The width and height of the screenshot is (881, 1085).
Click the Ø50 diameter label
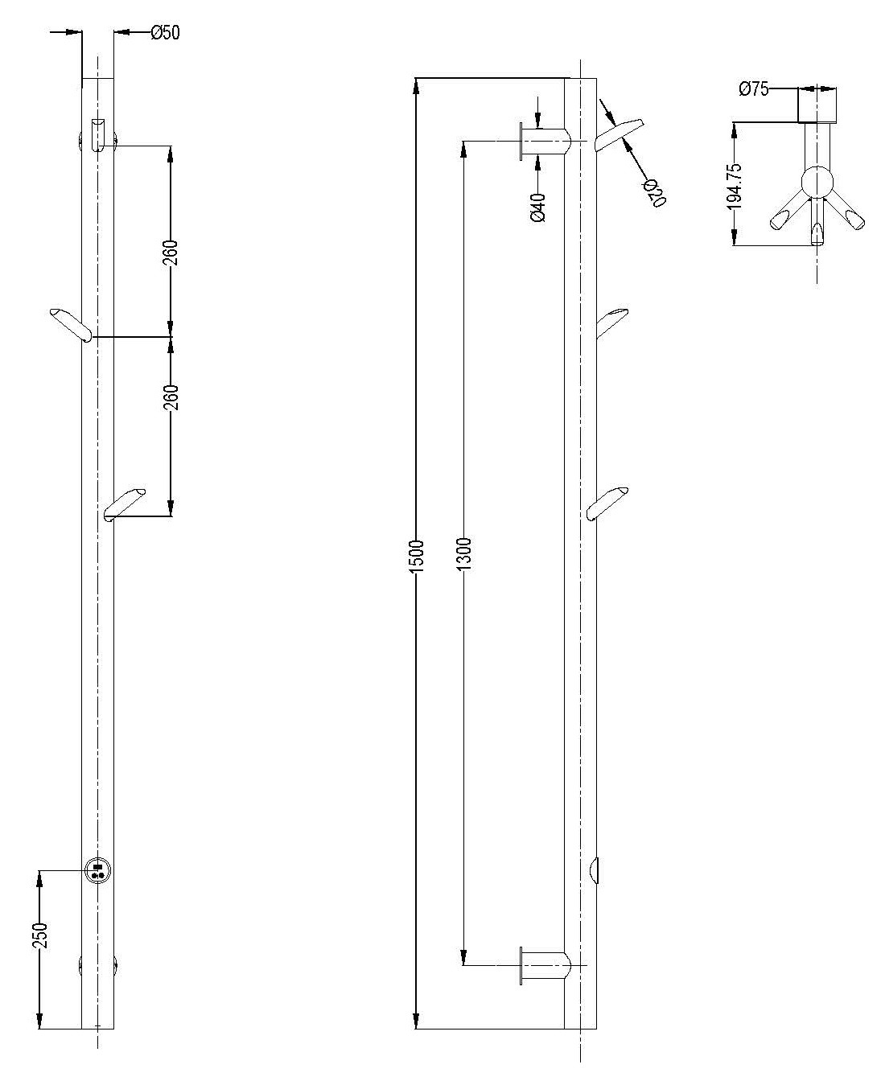pyautogui.click(x=166, y=33)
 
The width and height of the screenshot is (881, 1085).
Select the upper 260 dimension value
pyautogui.click(x=171, y=253)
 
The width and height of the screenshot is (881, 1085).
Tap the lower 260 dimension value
pyautogui.click(x=171, y=397)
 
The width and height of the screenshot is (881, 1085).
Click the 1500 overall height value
pyautogui.click(x=417, y=556)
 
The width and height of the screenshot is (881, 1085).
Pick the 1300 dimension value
pyautogui.click(x=464, y=553)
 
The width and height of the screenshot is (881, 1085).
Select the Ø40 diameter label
pyautogui.click(x=538, y=208)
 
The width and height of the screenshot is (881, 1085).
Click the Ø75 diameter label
pyautogui.click(x=754, y=89)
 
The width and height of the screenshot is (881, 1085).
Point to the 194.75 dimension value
pyautogui.click(x=735, y=187)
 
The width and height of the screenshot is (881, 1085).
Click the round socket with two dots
pyautogui.click(x=97, y=870)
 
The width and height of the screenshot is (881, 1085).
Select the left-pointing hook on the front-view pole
pyautogui.click(x=71, y=325)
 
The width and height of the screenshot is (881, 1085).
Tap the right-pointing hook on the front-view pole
pyautogui.click(x=124, y=505)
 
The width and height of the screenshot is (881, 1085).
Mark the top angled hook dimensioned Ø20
pyautogui.click(x=619, y=134)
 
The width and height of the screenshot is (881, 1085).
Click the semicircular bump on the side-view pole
pyautogui.click(x=593, y=870)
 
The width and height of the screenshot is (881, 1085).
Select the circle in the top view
pyautogui.click(x=817, y=182)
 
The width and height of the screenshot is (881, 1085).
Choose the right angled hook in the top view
pyautogui.click(x=846, y=213)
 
